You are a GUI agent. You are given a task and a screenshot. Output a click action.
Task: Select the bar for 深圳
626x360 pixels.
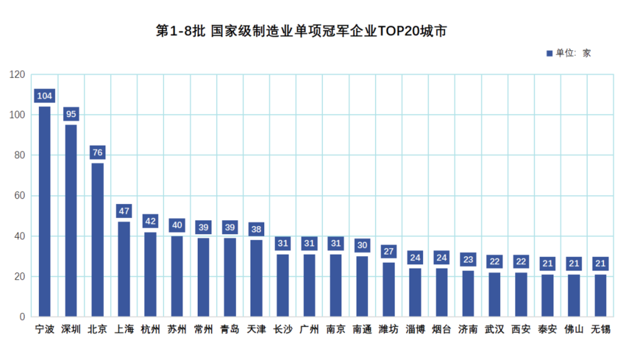(71, 220)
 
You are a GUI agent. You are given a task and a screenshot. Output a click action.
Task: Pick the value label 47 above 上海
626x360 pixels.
(124, 211)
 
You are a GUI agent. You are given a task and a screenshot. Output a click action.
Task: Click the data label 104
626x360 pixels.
(44, 96)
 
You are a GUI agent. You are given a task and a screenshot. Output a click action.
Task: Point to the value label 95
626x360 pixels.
(71, 114)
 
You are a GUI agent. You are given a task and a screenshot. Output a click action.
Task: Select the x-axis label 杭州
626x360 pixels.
(150, 329)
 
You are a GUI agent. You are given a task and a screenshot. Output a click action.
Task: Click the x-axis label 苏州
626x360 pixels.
(177, 329)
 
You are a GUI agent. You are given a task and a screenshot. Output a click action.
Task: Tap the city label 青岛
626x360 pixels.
(230, 329)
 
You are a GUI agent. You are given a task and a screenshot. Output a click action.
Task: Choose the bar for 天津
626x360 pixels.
(256, 278)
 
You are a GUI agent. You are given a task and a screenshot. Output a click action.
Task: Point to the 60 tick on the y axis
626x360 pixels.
(19, 196)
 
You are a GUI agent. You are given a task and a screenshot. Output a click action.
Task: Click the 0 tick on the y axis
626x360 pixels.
(22, 317)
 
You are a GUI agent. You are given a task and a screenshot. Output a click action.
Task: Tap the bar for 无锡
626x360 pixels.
(600, 296)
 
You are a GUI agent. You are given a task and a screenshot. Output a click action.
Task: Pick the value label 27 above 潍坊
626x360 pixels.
(388, 252)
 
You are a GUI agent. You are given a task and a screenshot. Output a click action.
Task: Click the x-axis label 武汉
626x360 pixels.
(495, 329)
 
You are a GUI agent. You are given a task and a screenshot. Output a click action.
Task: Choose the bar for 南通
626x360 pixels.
(362, 286)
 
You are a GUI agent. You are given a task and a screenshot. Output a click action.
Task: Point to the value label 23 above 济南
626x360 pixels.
(468, 259)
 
